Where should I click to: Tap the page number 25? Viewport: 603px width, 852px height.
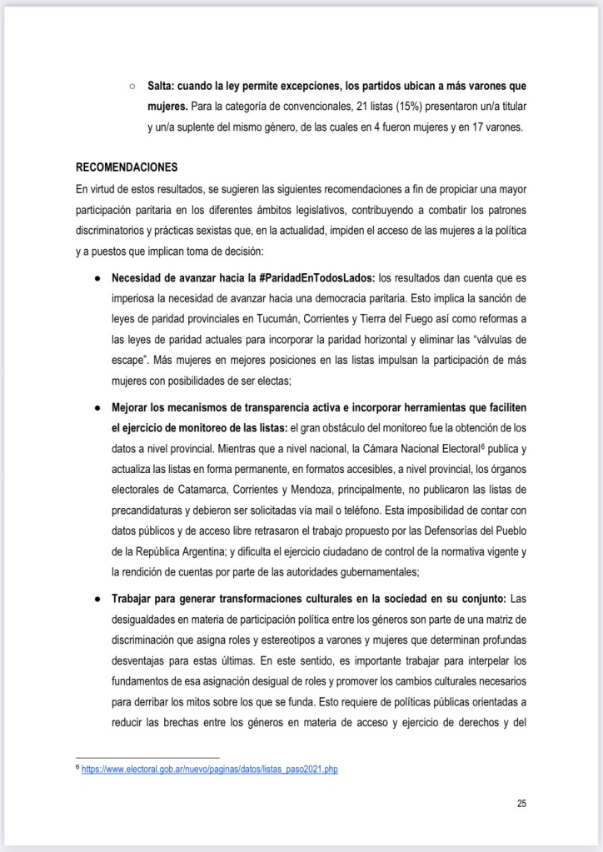521,804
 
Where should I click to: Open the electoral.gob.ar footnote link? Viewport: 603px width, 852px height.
209,770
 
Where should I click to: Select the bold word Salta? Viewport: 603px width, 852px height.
162,86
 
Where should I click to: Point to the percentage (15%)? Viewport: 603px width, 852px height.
340,107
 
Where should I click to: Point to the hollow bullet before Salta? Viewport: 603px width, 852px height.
132,86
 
